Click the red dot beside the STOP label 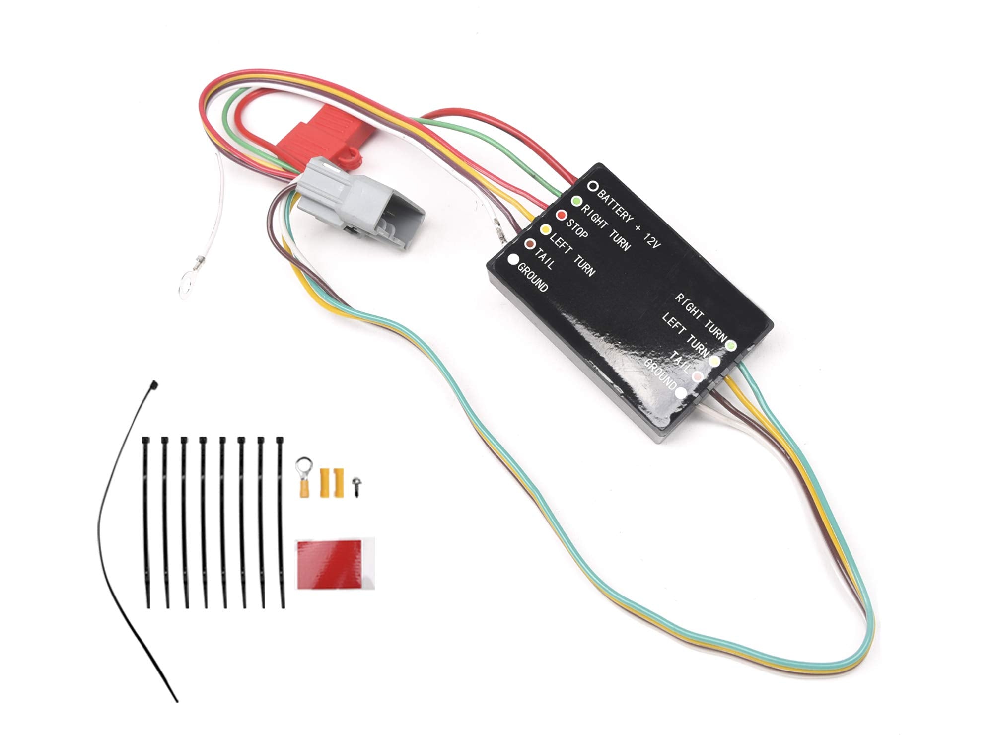[562, 216]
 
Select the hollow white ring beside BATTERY [592, 186]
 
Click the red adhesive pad [336, 565]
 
